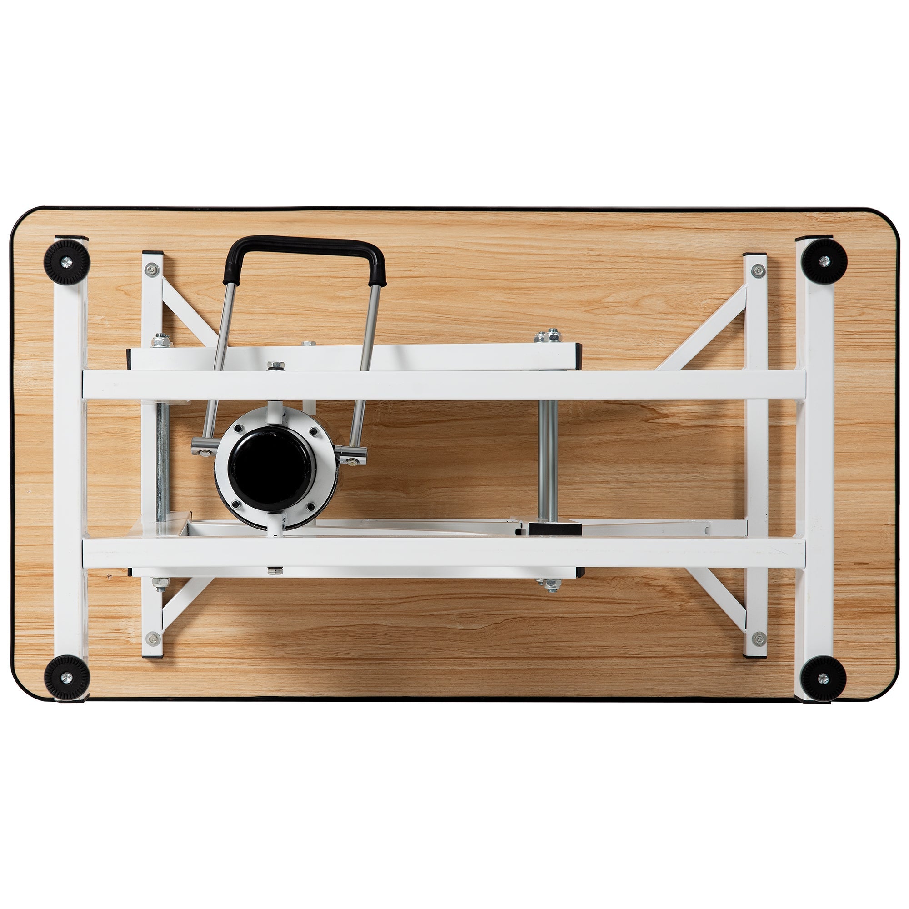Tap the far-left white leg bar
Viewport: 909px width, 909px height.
[70, 470]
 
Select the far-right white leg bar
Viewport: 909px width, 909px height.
[818, 470]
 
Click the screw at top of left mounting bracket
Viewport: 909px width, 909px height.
[151, 270]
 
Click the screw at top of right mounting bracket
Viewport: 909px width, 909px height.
[757, 270]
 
